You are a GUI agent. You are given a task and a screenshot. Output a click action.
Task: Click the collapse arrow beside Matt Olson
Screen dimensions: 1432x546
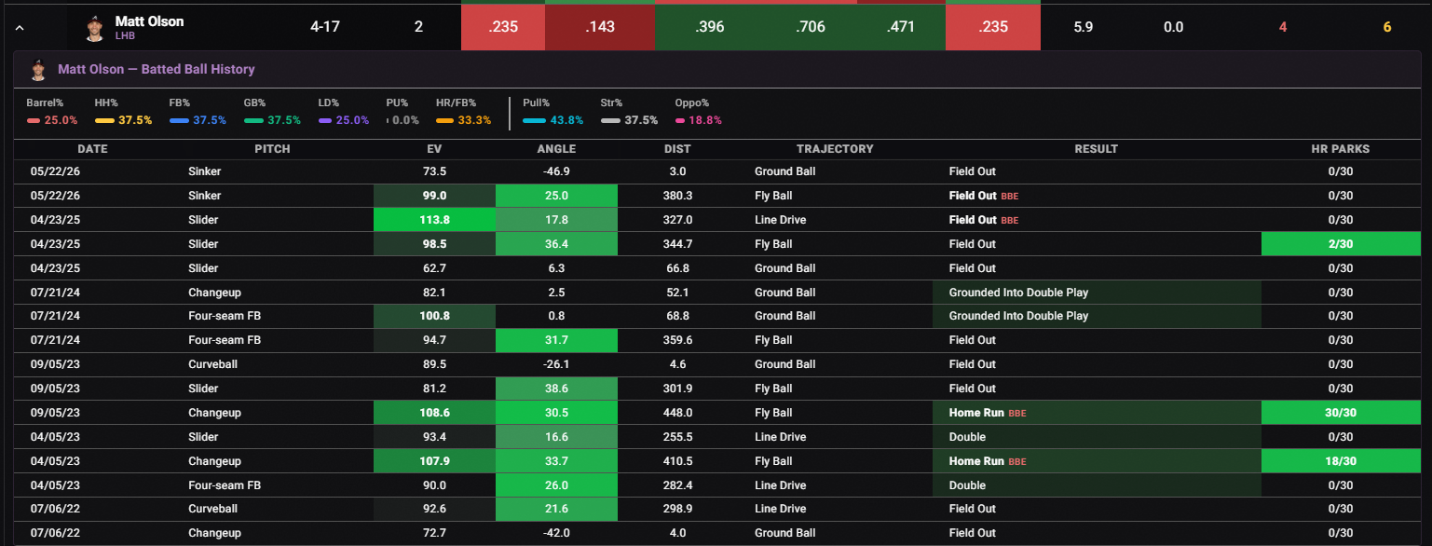(20, 28)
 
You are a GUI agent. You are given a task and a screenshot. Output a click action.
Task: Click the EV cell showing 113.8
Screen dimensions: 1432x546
(434, 220)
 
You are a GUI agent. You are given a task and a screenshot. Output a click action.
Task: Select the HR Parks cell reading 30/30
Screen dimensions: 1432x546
(1341, 413)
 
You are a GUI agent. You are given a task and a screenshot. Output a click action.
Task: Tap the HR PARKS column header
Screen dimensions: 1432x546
(1340, 149)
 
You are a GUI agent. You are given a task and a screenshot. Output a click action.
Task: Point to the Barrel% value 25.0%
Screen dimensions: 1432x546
(61, 120)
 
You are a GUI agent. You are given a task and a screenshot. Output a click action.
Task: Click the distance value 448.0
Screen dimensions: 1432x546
(677, 413)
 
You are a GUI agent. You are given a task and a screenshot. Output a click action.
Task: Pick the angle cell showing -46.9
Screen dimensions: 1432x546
(556, 171)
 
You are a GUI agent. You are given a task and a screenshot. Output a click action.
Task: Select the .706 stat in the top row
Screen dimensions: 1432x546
(810, 27)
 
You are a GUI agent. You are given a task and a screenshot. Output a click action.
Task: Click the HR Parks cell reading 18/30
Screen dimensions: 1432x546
(1341, 461)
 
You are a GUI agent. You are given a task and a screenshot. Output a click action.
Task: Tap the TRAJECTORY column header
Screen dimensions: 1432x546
(834, 149)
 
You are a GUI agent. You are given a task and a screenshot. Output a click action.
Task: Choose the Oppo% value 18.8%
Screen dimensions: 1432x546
(705, 120)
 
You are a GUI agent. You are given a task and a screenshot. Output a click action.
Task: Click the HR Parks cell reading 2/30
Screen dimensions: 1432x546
(1341, 244)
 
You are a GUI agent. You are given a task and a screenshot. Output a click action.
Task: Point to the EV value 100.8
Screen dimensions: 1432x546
(434, 316)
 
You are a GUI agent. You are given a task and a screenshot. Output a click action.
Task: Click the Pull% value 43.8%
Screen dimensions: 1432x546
(566, 120)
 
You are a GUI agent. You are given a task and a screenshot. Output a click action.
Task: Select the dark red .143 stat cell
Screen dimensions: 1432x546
(600, 27)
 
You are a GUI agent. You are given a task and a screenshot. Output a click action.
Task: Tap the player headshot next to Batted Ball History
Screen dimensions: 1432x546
(38, 70)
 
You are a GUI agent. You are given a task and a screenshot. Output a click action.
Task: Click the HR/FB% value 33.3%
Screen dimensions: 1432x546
(474, 120)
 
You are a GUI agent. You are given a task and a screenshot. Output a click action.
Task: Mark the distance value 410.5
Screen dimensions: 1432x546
(677, 461)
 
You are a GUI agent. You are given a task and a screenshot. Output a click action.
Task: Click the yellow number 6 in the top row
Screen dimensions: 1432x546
(1386, 27)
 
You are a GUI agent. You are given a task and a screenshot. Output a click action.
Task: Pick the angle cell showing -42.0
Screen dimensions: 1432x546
(556, 533)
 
